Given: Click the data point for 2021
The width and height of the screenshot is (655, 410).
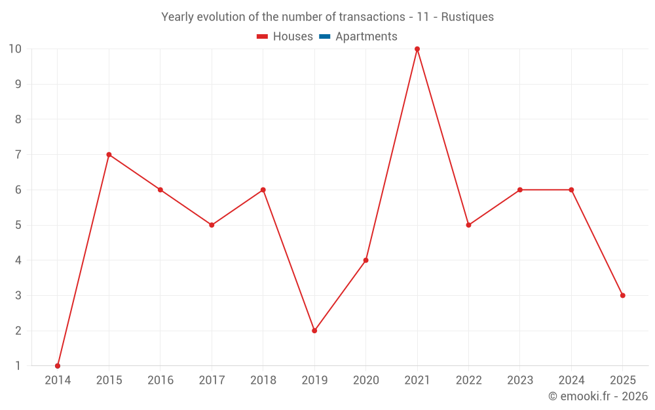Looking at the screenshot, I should click(417, 49).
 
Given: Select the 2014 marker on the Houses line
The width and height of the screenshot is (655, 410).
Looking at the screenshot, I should click(58, 366).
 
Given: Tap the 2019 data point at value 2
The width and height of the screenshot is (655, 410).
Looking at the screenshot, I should click(314, 331).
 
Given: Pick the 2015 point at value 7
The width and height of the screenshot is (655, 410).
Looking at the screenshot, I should click(109, 155).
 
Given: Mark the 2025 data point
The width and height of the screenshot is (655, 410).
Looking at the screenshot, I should click(622, 295).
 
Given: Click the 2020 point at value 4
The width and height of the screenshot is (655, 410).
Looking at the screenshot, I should click(365, 260).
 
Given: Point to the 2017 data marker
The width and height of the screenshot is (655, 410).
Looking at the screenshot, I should click(212, 225).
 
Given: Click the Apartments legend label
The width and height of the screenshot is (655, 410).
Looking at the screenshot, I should click(366, 37).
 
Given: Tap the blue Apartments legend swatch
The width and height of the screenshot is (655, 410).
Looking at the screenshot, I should click(324, 37).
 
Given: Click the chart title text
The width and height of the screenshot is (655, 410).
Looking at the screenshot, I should click(327, 17).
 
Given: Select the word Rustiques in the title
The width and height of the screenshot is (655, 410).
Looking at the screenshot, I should click(467, 17).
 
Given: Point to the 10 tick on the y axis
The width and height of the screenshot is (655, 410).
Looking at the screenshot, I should click(15, 49).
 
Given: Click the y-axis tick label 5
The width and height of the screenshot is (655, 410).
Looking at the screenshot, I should click(18, 225).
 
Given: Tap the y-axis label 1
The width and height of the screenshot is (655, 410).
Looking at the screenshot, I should click(18, 366).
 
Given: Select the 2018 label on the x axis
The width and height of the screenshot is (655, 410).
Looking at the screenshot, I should click(263, 380).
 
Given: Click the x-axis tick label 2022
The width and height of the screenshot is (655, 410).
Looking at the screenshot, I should click(468, 380).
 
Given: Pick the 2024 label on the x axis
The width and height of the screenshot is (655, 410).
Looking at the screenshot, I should click(571, 380).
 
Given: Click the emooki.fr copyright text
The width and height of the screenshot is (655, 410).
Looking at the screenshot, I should click(597, 396).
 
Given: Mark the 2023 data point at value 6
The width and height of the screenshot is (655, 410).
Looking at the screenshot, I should click(519, 190).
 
